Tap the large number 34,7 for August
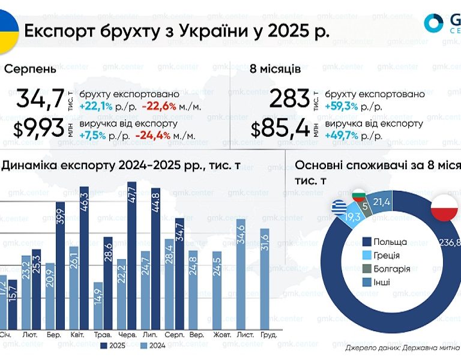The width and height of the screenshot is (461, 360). pyautogui.click(x=40, y=98)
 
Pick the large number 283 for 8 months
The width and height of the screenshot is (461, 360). pyautogui.click(x=291, y=98)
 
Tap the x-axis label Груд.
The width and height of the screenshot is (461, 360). pyautogui.click(x=268, y=334)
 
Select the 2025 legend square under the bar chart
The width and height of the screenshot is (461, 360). pyautogui.click(x=104, y=346)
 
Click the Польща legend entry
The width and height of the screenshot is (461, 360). pyautogui.click(x=390, y=242)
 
